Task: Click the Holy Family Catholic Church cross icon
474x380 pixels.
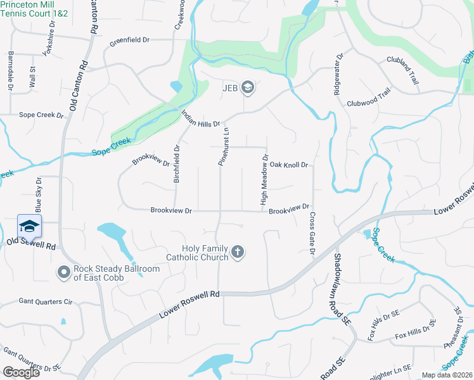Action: pos(238,252)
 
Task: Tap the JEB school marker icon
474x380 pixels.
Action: pos(248,87)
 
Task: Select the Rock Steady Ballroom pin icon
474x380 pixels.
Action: pos(63,272)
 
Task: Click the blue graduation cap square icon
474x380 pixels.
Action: pos(29,226)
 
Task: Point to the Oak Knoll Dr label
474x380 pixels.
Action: pos(288,165)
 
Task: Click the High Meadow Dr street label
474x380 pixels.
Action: pos(265,180)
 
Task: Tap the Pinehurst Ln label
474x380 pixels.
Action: pos(222,146)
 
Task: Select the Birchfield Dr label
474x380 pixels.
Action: pos(177,165)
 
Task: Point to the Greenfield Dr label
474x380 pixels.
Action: pos(129,40)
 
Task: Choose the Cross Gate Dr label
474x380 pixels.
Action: pos(312,234)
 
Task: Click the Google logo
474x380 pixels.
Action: pos(21,372)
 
